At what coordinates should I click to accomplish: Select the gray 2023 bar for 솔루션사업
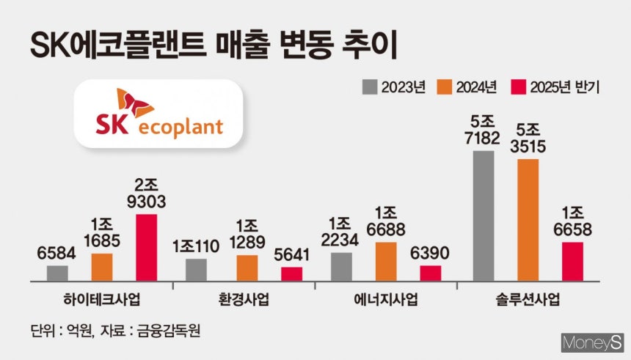pyautogui.click(x=484, y=216)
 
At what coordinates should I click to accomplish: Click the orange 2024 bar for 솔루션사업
pyautogui.click(x=528, y=220)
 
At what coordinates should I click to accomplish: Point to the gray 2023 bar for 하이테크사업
pyautogui.click(x=57, y=273)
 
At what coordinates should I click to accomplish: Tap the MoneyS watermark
pyautogui.click(x=591, y=342)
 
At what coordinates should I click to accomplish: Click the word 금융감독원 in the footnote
pyautogui.click(x=170, y=331)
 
